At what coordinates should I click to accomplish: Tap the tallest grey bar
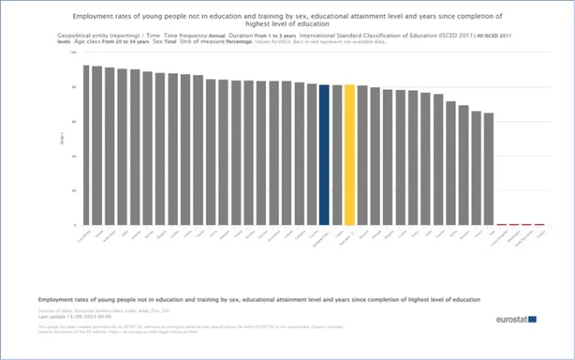pyautogui.click(x=85, y=145)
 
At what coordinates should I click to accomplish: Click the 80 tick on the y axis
pyautogui.click(x=74, y=87)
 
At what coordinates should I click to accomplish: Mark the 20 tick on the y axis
pyautogui.click(x=74, y=190)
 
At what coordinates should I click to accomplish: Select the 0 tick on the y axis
pyautogui.click(x=75, y=225)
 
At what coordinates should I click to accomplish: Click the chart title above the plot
pyautogui.click(x=287, y=20)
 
